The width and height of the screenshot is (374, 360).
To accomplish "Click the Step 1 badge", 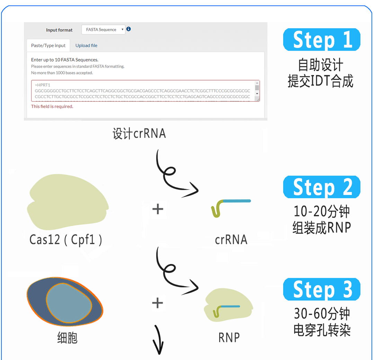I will [x=322, y=40].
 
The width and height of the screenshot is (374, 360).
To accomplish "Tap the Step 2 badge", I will [x=322, y=187].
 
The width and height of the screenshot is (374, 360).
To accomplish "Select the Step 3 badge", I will [x=322, y=289].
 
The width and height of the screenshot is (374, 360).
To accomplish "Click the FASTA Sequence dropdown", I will [x=103, y=30].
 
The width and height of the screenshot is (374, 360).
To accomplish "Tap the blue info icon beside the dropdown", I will [x=128, y=29].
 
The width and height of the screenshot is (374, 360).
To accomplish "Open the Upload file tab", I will [x=86, y=45].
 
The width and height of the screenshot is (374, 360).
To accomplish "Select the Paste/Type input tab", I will [x=48, y=45].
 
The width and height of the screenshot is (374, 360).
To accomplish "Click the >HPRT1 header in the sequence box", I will [x=43, y=85].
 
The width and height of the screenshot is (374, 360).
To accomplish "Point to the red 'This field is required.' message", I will [x=52, y=106].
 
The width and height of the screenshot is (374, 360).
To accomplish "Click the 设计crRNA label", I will [x=139, y=134].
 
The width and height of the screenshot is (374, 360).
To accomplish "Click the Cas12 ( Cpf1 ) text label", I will [x=66, y=240].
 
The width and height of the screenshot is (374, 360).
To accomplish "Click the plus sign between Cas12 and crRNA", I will [x=158, y=209].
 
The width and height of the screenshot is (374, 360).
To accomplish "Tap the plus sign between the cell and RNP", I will [x=158, y=303].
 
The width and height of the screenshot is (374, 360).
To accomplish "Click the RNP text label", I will [x=229, y=337].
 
